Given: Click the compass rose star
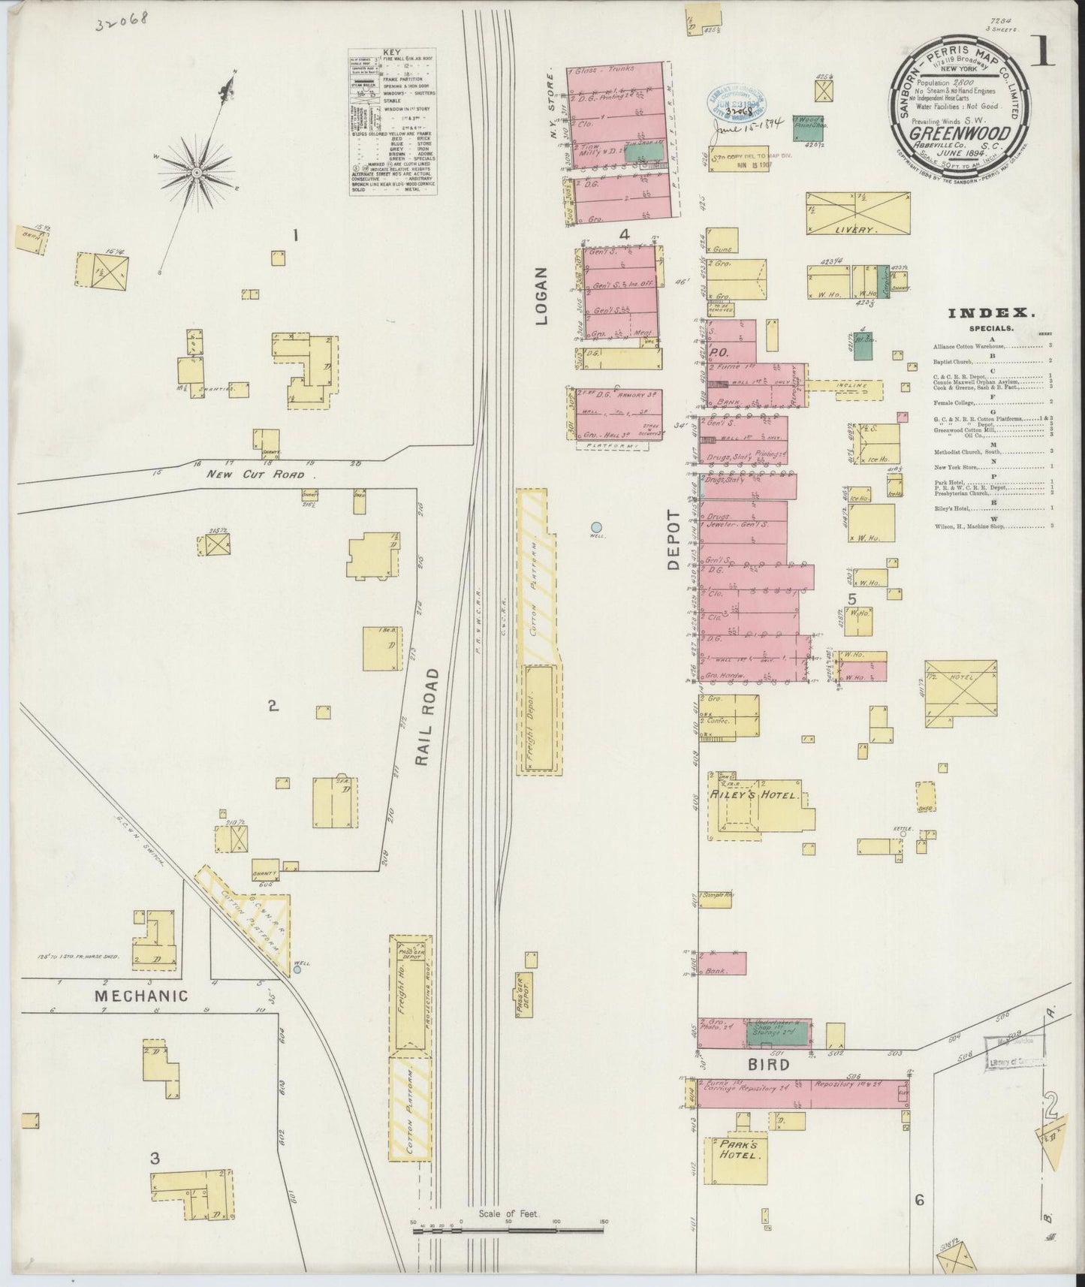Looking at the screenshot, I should tap(197, 172).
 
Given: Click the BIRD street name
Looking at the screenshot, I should tap(767, 1065).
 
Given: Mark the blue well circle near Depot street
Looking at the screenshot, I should tap(596, 527).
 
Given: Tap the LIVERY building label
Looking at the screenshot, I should tap(856, 230).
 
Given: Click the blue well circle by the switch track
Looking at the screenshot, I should tap(297, 969).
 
